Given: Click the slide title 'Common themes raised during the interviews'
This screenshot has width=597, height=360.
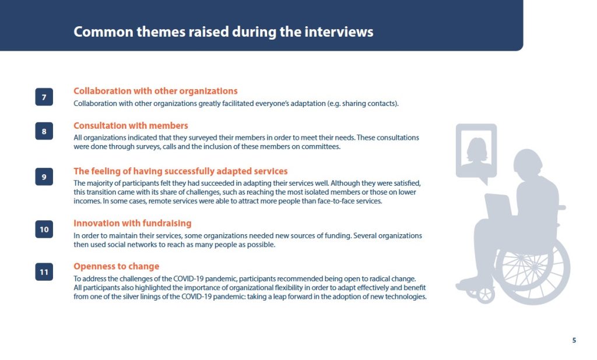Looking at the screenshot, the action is pos(223,31).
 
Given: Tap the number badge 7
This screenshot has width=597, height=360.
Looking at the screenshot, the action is pos(44,97).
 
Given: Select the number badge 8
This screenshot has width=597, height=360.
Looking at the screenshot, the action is pos(44,131).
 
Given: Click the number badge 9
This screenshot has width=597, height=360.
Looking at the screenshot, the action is pos(44,177).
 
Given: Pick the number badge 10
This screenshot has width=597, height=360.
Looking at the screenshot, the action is pos(44,230).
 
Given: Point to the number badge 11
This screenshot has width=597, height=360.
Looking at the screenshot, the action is pos(44,272).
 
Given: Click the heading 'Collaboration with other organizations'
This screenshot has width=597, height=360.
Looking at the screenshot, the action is pos(155,91).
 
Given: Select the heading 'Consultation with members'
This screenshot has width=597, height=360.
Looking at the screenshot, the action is pos(131,126).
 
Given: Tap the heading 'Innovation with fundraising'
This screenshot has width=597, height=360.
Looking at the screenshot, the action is pos(132,223).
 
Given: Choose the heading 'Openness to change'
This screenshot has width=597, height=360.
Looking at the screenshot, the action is pos(116,266).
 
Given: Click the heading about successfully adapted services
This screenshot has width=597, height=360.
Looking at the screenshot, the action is pos(181,171).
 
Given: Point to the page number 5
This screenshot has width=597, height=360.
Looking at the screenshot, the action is pos(574,340).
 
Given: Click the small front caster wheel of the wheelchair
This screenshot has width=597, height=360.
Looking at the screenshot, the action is pos(486,295).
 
